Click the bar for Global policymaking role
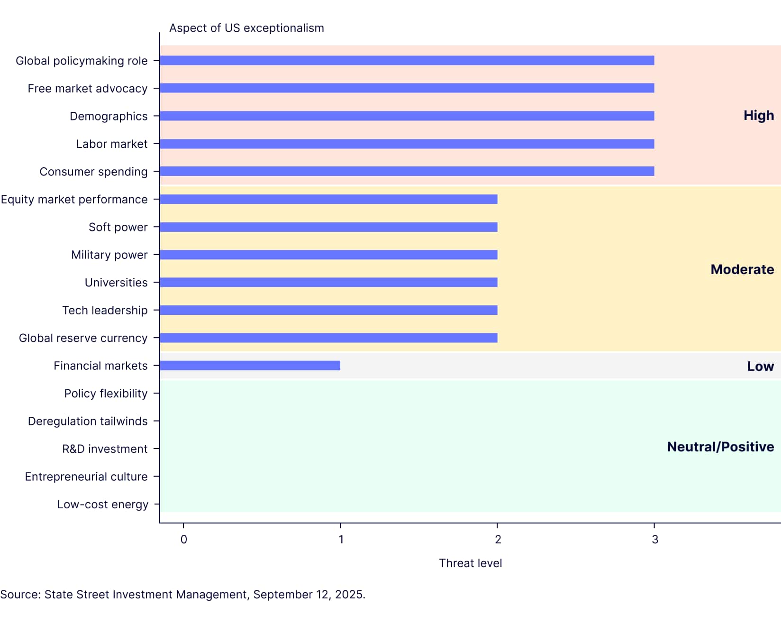pos(407,60)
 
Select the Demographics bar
pos(407,116)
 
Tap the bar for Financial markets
pos(250,366)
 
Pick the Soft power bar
pos(328,227)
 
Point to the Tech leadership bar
pos(328,310)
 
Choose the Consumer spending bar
pos(407,171)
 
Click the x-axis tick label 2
pos(498,540)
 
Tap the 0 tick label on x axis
pos(184,540)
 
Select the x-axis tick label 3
pos(654,540)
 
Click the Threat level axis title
pos(470,563)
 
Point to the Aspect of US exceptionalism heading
pos(246,28)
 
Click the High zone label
pos(758,116)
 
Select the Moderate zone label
pos(742,269)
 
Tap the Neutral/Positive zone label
pos(720,447)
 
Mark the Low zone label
pos(760,366)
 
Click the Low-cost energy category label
pos(102,505)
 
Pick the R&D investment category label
pos(105,449)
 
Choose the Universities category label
pos(116,283)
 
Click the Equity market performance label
pos(74,200)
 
